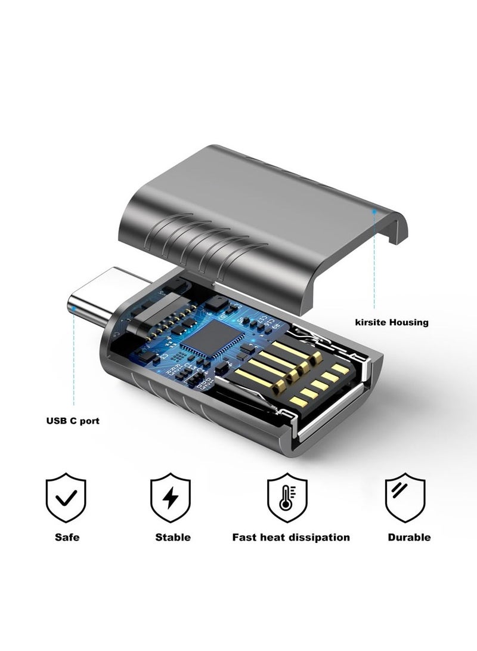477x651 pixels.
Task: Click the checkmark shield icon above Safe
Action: click(x=66, y=498)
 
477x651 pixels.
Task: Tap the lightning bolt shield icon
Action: click(x=171, y=498)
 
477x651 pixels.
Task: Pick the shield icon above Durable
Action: click(x=405, y=498)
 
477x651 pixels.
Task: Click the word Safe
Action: click(x=67, y=537)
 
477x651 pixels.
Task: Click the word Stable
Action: click(x=173, y=537)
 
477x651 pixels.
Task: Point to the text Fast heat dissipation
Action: click(x=290, y=537)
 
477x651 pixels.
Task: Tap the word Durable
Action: click(x=409, y=537)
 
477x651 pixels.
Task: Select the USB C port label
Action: click(x=73, y=421)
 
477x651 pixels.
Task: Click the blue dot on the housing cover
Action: click(x=374, y=211)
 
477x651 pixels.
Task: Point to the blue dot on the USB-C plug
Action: click(x=73, y=308)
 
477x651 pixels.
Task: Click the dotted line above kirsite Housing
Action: click(x=374, y=263)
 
